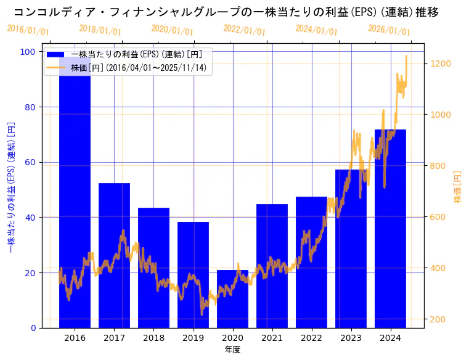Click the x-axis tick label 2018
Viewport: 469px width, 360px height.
pyautogui.click(x=153, y=338)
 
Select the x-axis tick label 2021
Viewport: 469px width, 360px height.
pyautogui.click(x=272, y=338)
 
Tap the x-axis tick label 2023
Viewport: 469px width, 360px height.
pyautogui.click(x=351, y=338)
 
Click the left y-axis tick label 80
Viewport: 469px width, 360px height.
pyautogui.click(x=28, y=107)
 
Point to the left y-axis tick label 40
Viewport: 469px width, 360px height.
pyautogui.click(x=28, y=218)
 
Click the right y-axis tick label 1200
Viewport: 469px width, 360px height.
pyautogui.click(x=442, y=63)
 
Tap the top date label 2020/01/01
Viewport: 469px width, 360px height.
pyautogui.click(x=172, y=30)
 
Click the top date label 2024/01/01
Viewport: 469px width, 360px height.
pyautogui.click(x=316, y=30)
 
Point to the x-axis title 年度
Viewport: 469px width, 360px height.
pyautogui.click(x=232, y=350)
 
